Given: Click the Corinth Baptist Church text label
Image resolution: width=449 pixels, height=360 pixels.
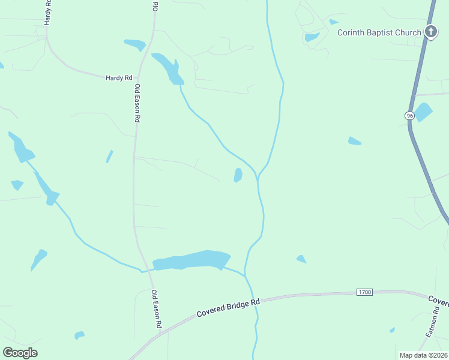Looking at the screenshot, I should point(379,32).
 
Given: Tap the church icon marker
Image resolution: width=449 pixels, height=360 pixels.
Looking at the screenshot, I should point(430,32).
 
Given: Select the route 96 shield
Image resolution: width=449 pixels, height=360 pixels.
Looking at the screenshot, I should point(409,115).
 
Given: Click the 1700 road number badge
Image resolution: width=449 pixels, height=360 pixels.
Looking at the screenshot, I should point(364,292).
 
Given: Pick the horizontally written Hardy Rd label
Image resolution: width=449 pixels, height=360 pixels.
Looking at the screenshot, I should point(118,78).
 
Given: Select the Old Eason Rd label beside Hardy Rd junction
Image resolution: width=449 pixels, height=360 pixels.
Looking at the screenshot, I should point(137,103).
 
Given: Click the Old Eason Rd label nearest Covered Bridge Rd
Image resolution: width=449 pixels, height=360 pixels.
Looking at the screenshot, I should point(157,309).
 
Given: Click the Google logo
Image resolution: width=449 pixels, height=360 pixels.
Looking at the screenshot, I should point(20,353).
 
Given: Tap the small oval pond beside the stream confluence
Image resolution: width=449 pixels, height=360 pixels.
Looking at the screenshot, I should point(238,175).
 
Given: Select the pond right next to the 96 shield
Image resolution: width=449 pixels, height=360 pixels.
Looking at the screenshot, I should point(424,112).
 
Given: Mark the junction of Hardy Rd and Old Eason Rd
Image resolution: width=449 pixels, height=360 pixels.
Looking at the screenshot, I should point(139,79).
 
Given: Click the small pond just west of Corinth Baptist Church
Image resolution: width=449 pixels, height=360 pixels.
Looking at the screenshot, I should point(312,37).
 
